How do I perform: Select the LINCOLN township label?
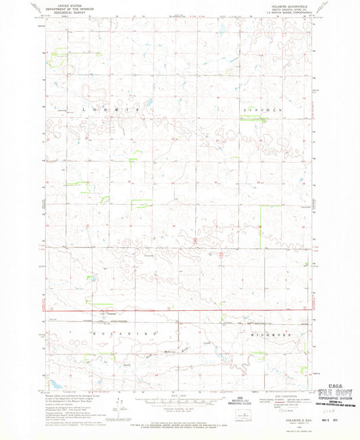260,109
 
